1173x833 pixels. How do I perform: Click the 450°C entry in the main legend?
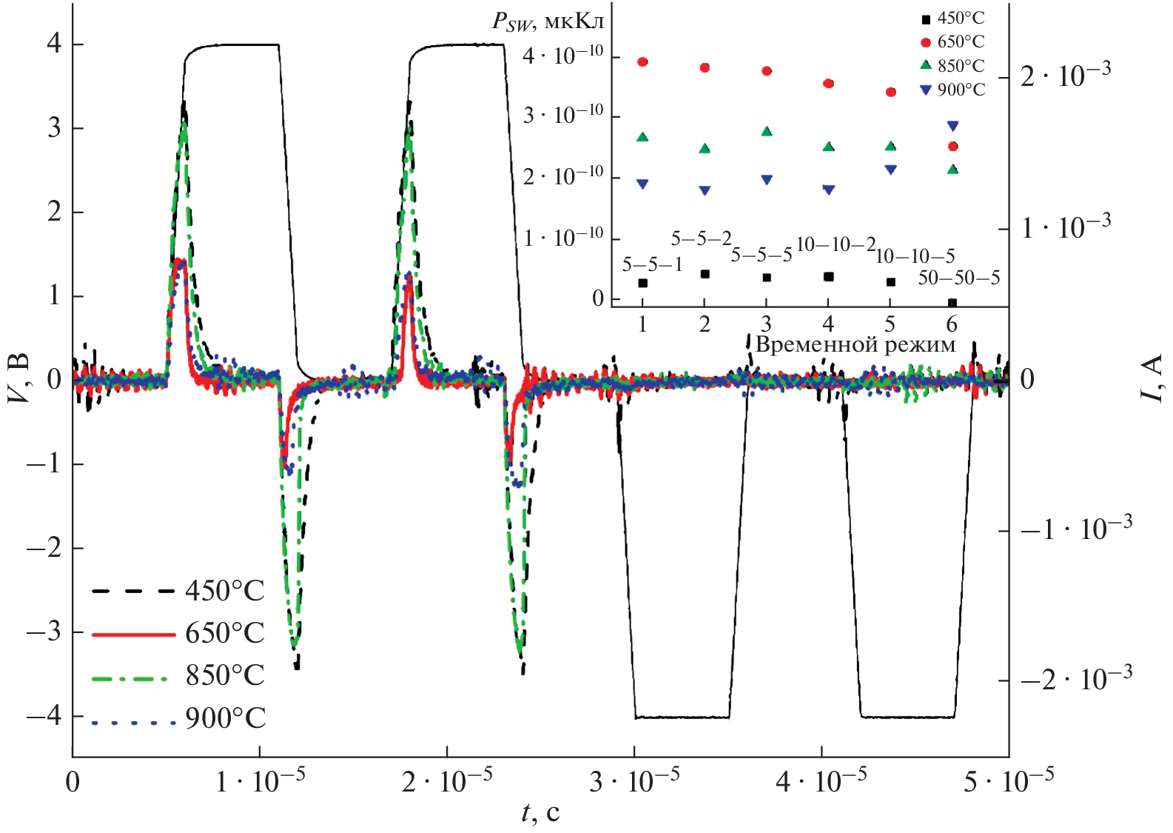178,591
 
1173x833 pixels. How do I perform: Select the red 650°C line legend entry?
178,633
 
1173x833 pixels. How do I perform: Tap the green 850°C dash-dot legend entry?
178,675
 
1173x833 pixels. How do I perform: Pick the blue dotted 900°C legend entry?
178,718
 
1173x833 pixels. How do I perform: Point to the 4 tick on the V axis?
54,44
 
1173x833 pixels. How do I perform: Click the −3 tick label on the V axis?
44,632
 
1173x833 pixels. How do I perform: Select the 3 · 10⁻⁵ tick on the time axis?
635,781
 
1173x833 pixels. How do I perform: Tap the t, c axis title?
540,812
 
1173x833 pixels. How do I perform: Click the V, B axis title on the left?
19,378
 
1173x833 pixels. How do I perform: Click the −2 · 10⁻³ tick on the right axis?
1076,678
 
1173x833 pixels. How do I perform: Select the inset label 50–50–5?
959,278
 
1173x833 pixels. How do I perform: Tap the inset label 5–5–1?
652,264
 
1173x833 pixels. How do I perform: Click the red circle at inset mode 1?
642,62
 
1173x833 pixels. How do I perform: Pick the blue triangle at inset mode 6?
953,126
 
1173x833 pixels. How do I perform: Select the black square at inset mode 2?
705,274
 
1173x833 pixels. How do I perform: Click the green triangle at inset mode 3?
767,132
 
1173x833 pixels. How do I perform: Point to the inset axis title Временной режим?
856,344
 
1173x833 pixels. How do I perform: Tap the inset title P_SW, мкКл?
548,21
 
